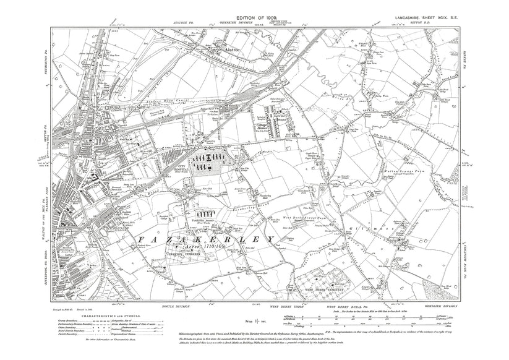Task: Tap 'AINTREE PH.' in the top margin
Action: [x=186, y=22]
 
